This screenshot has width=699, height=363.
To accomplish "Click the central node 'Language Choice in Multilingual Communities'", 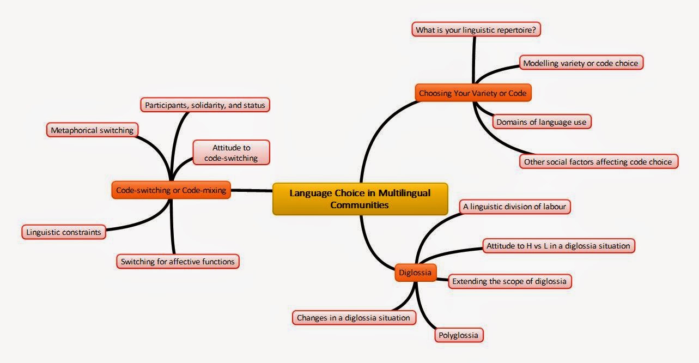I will click(360, 199).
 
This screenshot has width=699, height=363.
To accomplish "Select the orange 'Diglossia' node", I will click(415, 273).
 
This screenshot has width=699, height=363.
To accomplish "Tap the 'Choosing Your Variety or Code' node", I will click(472, 93).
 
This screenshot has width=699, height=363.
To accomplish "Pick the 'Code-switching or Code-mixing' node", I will click(171, 190).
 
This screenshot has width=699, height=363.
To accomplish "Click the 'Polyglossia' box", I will click(459, 335).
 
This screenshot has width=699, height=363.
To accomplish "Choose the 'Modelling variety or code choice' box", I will click(580, 63).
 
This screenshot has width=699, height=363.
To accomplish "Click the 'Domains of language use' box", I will click(541, 122).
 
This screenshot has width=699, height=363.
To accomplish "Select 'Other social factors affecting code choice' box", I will click(599, 162).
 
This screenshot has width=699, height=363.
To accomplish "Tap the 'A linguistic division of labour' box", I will click(515, 207).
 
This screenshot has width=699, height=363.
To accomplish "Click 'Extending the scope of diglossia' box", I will click(510, 282).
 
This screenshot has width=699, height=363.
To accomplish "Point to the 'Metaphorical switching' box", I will click(92, 130).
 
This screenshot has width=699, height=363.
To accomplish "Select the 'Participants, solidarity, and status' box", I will click(205, 105).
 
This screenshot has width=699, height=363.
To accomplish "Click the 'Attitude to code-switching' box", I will click(231, 153).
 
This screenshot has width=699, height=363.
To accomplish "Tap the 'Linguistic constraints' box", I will click(64, 232).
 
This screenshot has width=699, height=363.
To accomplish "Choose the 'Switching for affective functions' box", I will click(178, 262).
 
